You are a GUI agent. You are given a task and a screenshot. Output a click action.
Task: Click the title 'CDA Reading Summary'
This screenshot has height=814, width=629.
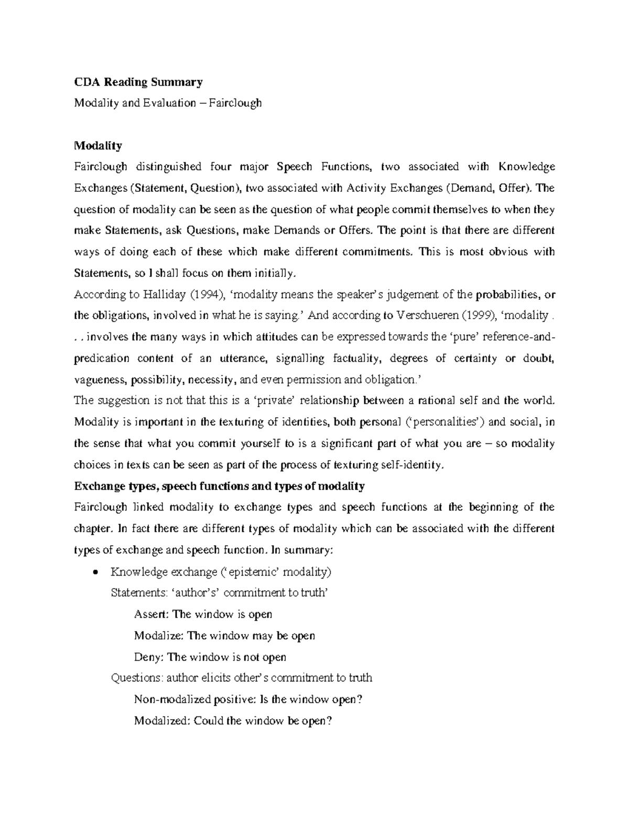[x=138, y=82]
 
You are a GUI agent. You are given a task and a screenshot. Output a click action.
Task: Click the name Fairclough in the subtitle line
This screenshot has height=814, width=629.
[x=235, y=103]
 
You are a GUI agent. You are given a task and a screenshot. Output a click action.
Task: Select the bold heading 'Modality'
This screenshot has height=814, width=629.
[x=98, y=145]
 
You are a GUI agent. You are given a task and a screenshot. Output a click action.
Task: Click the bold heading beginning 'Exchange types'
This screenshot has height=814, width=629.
[x=219, y=486]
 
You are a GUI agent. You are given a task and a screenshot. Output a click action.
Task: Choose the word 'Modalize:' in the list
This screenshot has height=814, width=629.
[x=159, y=635]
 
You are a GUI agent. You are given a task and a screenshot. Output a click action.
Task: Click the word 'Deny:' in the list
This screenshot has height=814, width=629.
[x=148, y=657]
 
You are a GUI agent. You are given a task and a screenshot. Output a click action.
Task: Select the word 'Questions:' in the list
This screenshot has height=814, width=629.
[x=137, y=678]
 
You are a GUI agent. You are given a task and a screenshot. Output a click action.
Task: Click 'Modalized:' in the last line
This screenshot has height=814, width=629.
[x=162, y=721]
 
